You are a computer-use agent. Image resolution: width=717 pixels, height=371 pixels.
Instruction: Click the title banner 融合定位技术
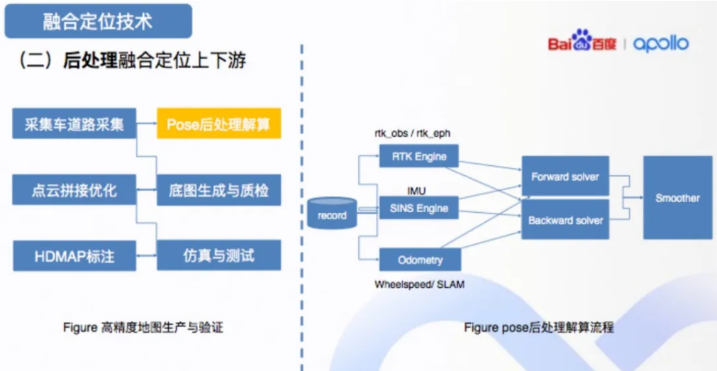pos(98,21)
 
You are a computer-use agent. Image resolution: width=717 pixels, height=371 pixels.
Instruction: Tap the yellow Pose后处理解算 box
pos(218,124)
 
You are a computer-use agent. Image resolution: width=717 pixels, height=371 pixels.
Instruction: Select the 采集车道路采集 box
pos(74,124)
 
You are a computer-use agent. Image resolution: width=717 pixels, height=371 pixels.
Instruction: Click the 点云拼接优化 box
pos(74,189)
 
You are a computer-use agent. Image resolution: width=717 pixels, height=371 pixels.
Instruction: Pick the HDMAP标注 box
pos(74,255)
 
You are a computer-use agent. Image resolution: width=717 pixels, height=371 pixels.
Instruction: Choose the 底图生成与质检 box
pos(218,189)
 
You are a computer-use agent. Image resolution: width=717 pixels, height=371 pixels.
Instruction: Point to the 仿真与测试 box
pos(218,255)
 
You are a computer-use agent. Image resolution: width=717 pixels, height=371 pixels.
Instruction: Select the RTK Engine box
pos(419,156)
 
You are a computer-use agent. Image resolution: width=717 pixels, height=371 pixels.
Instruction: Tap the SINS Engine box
pos(419,208)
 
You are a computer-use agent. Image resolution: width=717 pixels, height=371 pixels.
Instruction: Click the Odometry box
pos(419,260)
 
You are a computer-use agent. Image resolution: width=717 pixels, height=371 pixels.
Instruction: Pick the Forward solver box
pos(565,177)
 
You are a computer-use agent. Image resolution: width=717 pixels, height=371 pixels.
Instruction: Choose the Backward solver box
pos(565,220)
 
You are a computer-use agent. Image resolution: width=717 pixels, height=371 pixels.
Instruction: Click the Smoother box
pos(677,198)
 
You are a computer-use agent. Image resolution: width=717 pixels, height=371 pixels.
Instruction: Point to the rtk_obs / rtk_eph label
pos(413,133)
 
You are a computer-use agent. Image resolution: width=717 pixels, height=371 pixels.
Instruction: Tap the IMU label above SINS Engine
pos(416,189)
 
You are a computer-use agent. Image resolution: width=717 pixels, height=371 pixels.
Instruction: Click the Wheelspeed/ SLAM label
pos(419,284)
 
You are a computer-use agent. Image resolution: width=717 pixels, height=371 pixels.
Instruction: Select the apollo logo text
pos(660,44)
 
